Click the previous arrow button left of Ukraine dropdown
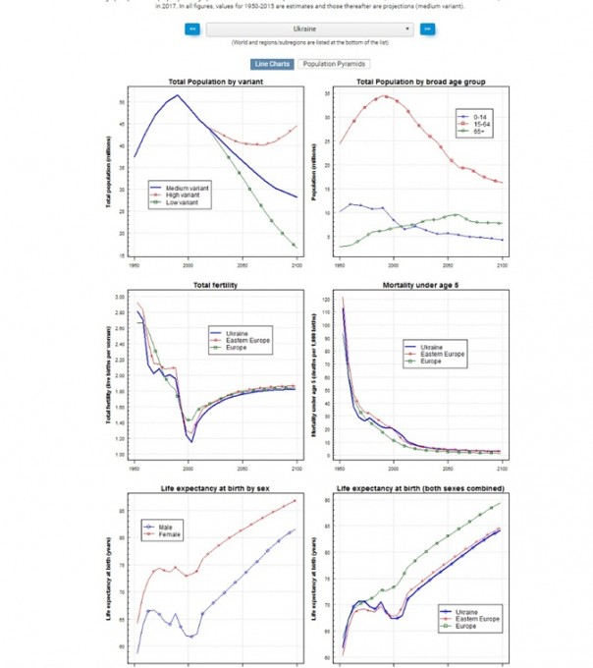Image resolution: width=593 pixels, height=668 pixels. point(193,29)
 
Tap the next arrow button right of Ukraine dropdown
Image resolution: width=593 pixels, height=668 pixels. point(428,29)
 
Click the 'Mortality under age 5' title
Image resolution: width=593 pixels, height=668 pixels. point(419,286)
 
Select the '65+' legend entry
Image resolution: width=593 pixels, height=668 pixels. point(477,130)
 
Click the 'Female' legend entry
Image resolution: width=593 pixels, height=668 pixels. point(171,534)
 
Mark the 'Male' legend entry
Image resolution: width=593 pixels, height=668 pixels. point(168,528)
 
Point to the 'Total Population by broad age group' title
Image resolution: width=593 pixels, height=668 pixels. point(419,81)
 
